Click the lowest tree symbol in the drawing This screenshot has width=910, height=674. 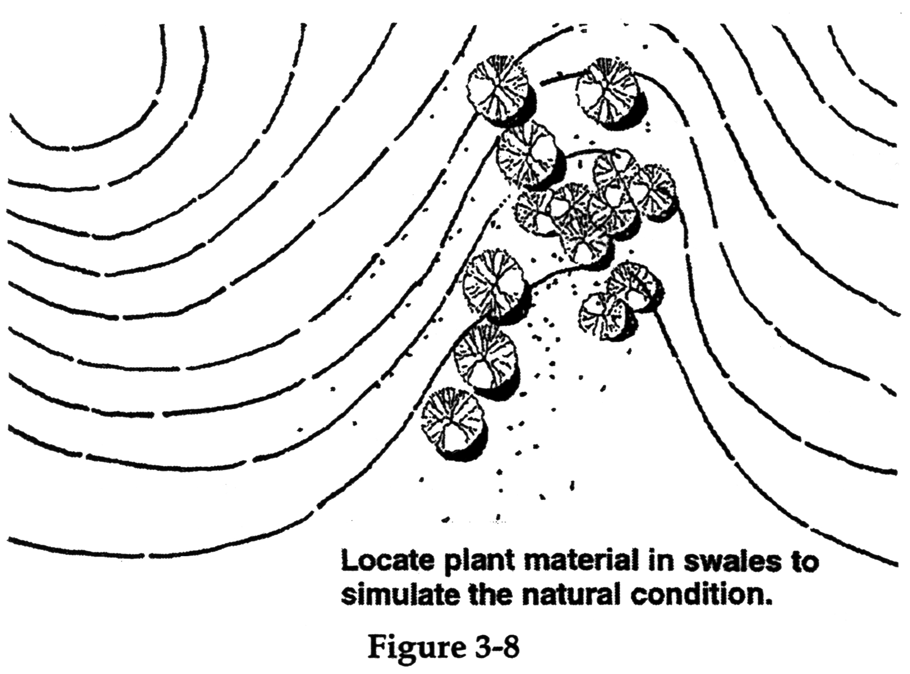tap(454, 424)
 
